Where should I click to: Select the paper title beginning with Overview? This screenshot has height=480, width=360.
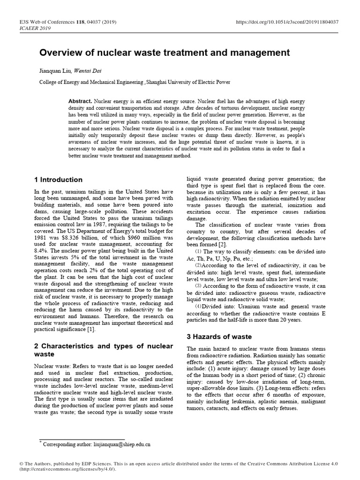[x=164, y=52]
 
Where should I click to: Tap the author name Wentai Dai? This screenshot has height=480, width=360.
[x=89, y=71]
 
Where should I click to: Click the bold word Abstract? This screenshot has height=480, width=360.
[x=80, y=101]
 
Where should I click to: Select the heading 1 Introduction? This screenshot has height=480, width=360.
[x=58, y=180]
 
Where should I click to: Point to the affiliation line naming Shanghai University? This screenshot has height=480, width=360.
[x=135, y=82]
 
